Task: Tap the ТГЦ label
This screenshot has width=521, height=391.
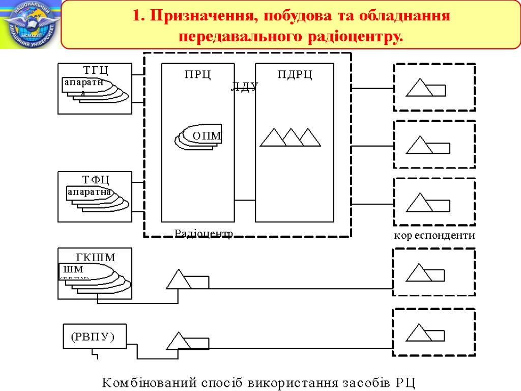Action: pyautogui.click(x=96, y=70)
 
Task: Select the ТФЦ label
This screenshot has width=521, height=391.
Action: pyautogui.click(x=96, y=179)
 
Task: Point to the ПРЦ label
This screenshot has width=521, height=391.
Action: pyautogui.click(x=197, y=75)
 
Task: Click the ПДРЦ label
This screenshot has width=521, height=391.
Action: pyautogui.click(x=295, y=75)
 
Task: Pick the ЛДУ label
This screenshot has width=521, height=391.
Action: pyautogui.click(x=245, y=87)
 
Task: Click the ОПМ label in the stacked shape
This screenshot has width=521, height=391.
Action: pyautogui.click(x=207, y=136)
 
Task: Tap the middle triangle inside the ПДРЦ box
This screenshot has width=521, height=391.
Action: pyautogui.click(x=292, y=137)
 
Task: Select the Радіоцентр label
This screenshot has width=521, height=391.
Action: pyautogui.click(x=204, y=233)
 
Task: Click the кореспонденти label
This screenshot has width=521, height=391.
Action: pyautogui.click(x=434, y=236)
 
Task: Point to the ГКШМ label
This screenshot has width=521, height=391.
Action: pyautogui.click(x=96, y=258)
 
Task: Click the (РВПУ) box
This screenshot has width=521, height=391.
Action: pyautogui.click(x=94, y=337)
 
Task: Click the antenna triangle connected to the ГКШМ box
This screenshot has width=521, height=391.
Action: pyautogui.click(x=179, y=280)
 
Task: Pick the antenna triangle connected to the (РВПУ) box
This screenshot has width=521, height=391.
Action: pyautogui.click(x=179, y=341)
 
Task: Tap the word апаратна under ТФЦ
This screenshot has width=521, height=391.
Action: pyautogui.click(x=89, y=192)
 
